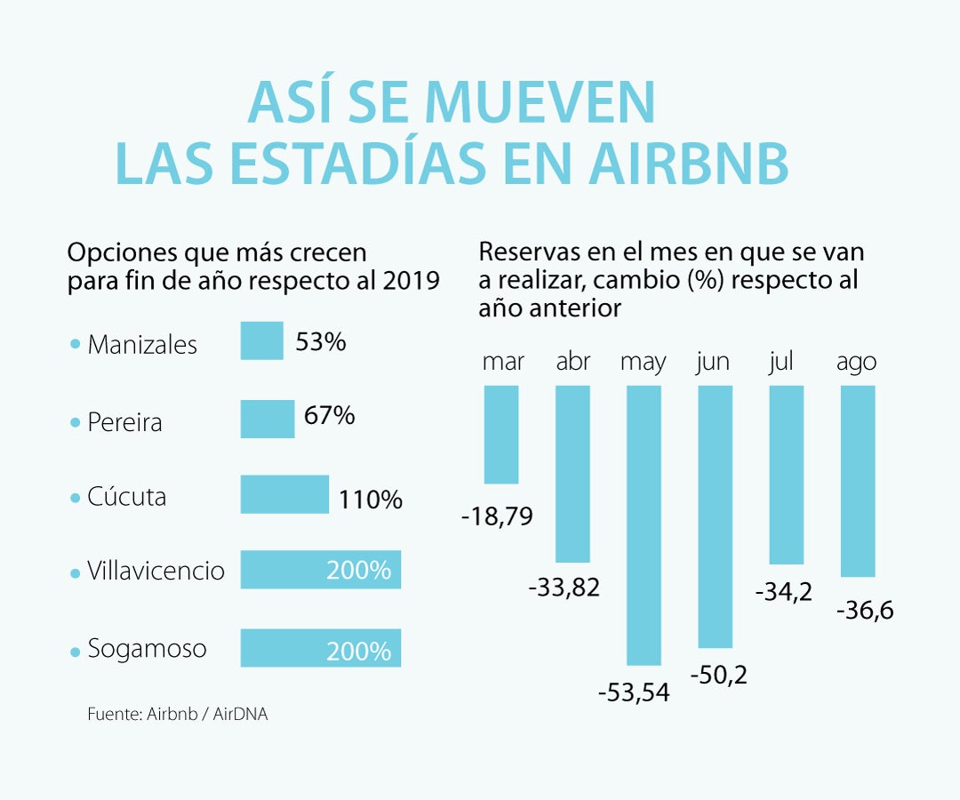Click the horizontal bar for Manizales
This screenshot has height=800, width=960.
(261, 341)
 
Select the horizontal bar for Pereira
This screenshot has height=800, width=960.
(267, 419)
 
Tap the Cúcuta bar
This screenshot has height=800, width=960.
(284, 494)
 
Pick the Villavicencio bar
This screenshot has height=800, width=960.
(320, 570)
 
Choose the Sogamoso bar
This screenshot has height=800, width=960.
(320, 648)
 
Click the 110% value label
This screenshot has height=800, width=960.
(371, 500)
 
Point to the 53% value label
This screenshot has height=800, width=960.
(321, 342)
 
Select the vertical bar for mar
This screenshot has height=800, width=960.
(501, 434)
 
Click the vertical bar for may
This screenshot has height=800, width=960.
(644, 524)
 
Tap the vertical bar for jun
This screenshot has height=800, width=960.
(716, 516)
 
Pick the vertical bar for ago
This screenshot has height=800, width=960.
(858, 480)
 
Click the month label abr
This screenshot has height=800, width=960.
(573, 363)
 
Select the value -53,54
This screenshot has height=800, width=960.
(634, 691)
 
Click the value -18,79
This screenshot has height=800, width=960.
(498, 516)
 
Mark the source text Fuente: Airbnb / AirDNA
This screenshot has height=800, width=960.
(178, 714)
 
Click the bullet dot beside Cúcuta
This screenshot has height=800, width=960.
(75, 499)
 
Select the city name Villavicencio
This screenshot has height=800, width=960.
(156, 571)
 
